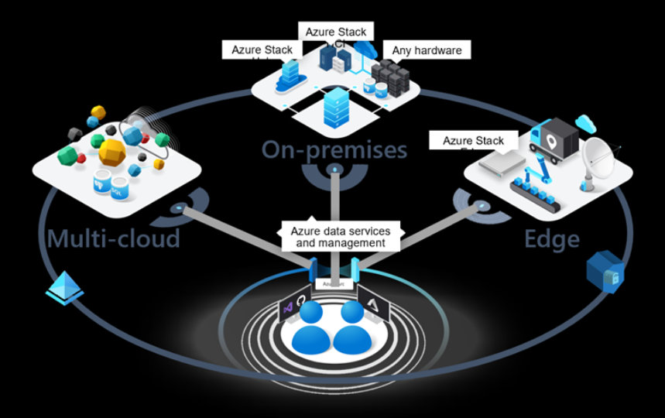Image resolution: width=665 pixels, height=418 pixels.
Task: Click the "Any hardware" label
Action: (x=427, y=51)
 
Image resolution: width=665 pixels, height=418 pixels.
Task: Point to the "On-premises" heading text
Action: (x=334, y=149)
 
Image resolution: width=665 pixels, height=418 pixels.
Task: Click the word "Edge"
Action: (x=552, y=238)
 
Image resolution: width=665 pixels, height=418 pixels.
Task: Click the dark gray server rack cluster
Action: (x=389, y=77)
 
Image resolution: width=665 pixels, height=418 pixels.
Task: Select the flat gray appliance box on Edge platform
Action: (x=495, y=162)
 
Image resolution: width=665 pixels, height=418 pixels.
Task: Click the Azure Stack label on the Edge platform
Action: (x=473, y=141)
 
